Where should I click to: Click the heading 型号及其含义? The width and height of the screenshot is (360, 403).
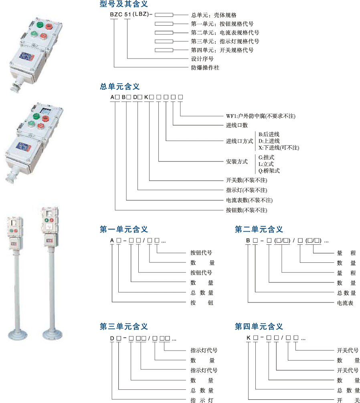point(124,4)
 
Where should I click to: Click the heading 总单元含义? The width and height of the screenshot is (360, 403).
point(119,87)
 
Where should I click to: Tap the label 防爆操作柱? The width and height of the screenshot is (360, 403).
point(205,68)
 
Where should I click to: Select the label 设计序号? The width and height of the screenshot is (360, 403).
point(202,59)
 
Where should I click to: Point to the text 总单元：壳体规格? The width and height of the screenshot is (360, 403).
point(214,15)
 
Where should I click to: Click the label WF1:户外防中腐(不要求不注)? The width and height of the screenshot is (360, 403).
point(260,116)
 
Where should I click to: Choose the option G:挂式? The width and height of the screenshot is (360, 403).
point(267,157)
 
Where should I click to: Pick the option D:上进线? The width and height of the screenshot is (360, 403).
point(269,141)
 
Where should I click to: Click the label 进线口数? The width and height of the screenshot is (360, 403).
point(237,125)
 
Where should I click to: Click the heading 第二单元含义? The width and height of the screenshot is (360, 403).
point(259,230)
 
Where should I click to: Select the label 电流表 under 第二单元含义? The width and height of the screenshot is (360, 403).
point(345,303)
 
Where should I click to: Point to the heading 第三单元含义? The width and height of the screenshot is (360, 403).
point(124,326)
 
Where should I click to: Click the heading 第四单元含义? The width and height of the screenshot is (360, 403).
point(259,326)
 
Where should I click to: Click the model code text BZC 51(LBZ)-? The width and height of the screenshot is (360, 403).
point(131,15)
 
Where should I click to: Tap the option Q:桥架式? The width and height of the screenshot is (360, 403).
point(269,171)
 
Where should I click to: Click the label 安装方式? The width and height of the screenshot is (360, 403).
point(237,162)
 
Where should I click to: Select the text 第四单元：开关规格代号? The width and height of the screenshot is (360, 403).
point(222,50)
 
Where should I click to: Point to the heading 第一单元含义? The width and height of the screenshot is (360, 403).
point(124,230)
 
